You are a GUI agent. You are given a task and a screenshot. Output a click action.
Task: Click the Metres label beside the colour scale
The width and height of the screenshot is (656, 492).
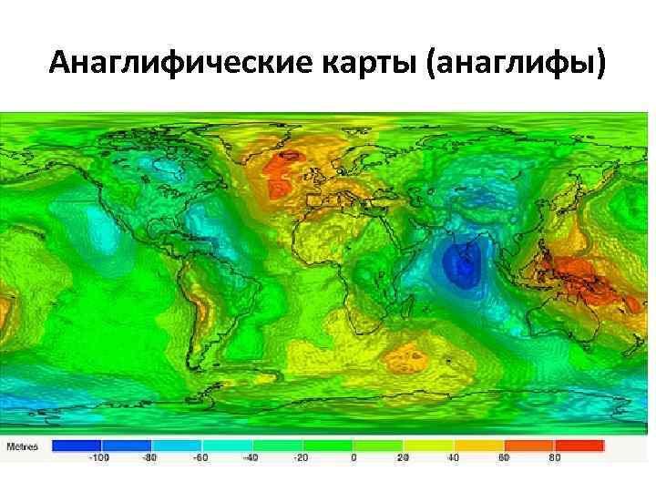23,446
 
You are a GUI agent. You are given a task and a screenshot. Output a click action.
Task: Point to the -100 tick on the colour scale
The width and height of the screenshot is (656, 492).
97,458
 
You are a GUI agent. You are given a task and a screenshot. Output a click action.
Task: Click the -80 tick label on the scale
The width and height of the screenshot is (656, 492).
150,458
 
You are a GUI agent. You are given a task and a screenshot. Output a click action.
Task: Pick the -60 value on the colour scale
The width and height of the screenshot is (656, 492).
200,458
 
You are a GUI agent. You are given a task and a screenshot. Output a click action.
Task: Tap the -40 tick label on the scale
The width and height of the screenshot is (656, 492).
251,458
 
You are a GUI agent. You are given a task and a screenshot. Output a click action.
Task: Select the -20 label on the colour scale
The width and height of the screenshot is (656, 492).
302,458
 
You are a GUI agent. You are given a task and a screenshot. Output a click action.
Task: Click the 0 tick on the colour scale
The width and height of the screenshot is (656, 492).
354,458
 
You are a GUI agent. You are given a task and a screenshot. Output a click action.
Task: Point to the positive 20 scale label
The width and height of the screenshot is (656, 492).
402,458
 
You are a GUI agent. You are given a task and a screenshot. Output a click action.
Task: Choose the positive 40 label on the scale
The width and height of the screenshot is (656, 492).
453,458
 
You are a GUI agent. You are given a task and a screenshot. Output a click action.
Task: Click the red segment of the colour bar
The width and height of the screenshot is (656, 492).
579,446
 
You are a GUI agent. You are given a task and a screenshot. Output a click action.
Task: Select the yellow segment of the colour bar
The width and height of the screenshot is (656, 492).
427,446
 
